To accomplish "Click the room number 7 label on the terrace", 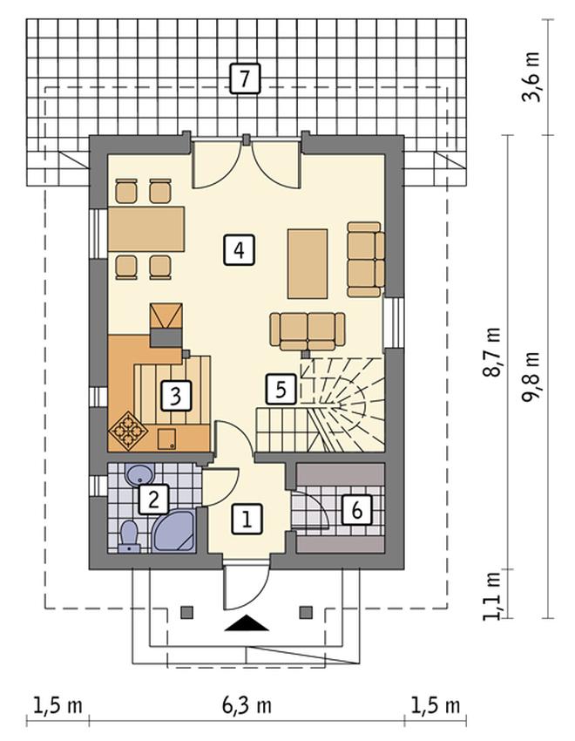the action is click(x=245, y=78).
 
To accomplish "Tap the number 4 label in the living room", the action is click(x=239, y=249).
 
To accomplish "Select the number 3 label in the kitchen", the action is click(x=175, y=396).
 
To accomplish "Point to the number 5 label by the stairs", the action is click(x=281, y=389).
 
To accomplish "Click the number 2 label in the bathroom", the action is click(x=153, y=499).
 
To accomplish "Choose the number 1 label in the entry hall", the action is click(x=247, y=519).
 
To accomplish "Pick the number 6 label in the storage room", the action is click(x=356, y=510).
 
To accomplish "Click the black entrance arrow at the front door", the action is click(x=247, y=624).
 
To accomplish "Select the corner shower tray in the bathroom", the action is click(x=173, y=531).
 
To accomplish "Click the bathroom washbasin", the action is click(x=139, y=474).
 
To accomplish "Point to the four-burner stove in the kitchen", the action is click(x=128, y=431).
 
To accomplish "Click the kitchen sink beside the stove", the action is click(x=166, y=438).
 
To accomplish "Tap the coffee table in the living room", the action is click(x=308, y=263).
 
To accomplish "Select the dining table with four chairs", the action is click(x=145, y=228).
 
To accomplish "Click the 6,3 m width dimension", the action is click(x=247, y=706).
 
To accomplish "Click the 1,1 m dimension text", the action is click(x=492, y=596).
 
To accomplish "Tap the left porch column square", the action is click(x=187, y=613).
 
